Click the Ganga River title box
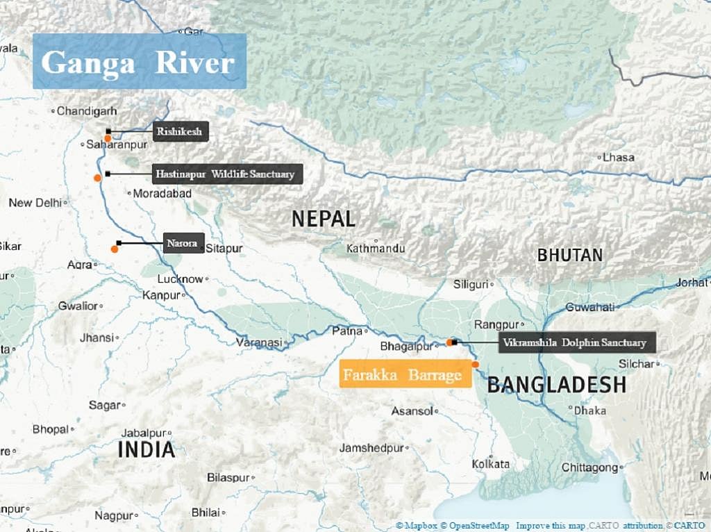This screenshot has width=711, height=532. (x=139, y=62)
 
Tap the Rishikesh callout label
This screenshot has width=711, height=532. (x=181, y=132)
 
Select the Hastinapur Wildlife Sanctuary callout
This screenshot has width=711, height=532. (x=228, y=174)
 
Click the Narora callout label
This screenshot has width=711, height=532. (x=183, y=243)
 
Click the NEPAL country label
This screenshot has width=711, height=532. (x=323, y=219)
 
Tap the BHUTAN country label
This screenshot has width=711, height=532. (x=569, y=255)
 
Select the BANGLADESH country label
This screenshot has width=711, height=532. (x=556, y=385)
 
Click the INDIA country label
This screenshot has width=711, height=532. (x=146, y=449)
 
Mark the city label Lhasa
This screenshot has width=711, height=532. (x=618, y=158)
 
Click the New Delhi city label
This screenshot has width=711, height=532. (x=35, y=203)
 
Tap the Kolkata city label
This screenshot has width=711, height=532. (x=490, y=464)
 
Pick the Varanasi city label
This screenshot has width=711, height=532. (x=260, y=342)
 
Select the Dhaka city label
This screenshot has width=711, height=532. (x=589, y=410)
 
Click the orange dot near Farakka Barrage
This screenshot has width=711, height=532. (x=476, y=365)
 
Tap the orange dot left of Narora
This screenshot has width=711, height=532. (x=115, y=249)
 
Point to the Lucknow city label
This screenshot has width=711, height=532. (x=181, y=279)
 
